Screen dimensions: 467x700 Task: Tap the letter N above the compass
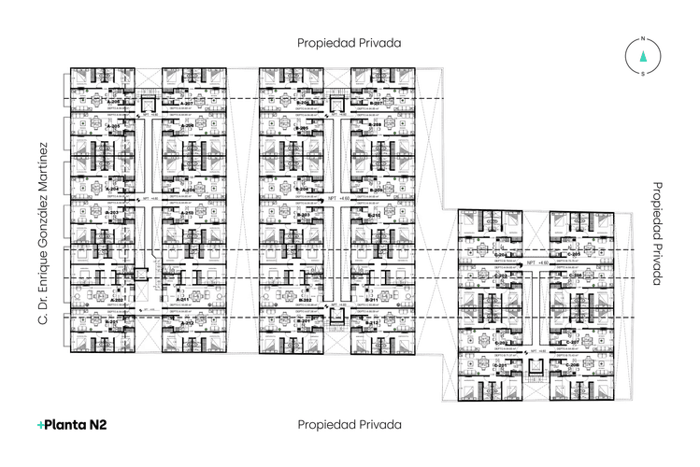click(642, 38)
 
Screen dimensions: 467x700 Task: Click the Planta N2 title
click(73, 425)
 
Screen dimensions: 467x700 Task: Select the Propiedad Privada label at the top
click(350, 42)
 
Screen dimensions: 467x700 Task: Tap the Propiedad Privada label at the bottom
click(350, 424)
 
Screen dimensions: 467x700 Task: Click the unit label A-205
click(112, 126)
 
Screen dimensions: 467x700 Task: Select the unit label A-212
click(184, 323)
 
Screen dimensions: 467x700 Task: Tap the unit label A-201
click(112, 322)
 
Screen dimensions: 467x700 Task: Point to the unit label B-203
click(304, 215)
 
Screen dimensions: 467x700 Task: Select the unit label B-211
click(373, 323)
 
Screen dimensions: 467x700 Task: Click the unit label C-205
click(575, 254)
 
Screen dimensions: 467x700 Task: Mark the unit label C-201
click(500, 365)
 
